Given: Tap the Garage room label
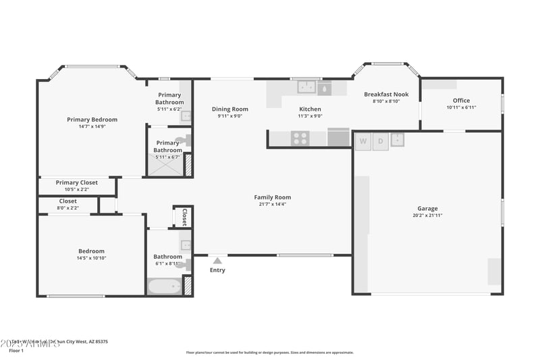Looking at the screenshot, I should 427,209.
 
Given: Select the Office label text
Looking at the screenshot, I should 461,101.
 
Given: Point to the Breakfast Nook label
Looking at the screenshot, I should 386,95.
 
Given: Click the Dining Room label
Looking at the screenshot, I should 230,109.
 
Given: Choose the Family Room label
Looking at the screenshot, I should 273,197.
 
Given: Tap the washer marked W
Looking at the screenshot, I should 363,141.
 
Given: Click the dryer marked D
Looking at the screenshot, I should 380,141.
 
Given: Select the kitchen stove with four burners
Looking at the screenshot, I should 300,138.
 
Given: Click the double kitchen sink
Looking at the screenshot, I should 307,86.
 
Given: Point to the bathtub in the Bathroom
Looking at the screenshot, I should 165,287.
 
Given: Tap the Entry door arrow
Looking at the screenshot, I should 217,259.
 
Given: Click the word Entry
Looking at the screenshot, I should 217,270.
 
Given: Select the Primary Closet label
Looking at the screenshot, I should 76,182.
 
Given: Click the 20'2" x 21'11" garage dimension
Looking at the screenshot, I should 427,215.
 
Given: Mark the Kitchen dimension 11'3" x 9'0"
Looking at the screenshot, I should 310,116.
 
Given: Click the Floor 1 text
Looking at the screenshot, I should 16,351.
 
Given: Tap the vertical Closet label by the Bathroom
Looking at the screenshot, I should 184,217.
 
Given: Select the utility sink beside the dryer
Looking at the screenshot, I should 397,140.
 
